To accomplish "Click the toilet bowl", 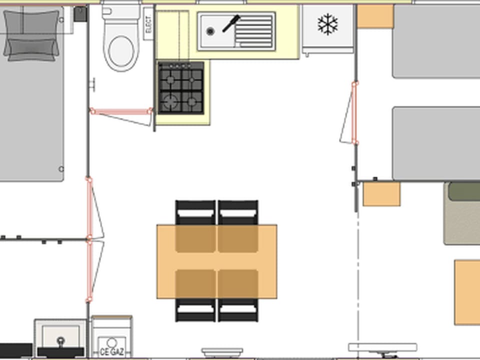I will pyautogui.click(x=121, y=50).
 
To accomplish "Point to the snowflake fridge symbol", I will pyautogui.click(x=327, y=24).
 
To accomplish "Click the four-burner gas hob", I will pyautogui.click(x=181, y=88).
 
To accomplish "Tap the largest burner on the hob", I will pyautogui.click(x=170, y=101).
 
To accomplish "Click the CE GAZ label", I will pyautogui.click(x=111, y=352).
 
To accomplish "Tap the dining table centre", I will pyautogui.click(x=217, y=261).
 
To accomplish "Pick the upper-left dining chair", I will pyautogui.click(x=195, y=213).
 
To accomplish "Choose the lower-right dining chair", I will pyautogui.click(x=238, y=309).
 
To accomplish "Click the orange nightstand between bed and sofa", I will pyautogui.click(x=381, y=194).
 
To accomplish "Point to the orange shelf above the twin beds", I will pyautogui.click(x=375, y=16).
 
